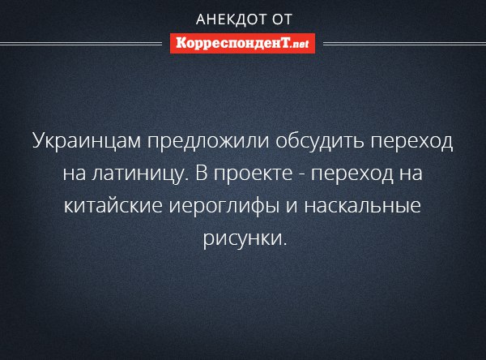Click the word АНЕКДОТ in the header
(x=231, y=19)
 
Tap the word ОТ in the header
(x=282, y=19)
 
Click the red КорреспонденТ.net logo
(x=242, y=44)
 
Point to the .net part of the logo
(x=300, y=44)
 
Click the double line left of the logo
(x=81, y=44)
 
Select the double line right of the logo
(x=404, y=44)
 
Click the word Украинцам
(x=87, y=141)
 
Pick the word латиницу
(x=140, y=174)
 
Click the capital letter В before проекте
(x=202, y=173)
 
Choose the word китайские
(x=113, y=205)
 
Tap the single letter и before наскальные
(x=292, y=206)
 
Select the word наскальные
(x=363, y=206)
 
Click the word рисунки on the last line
(x=245, y=238)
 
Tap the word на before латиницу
(x=74, y=174)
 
